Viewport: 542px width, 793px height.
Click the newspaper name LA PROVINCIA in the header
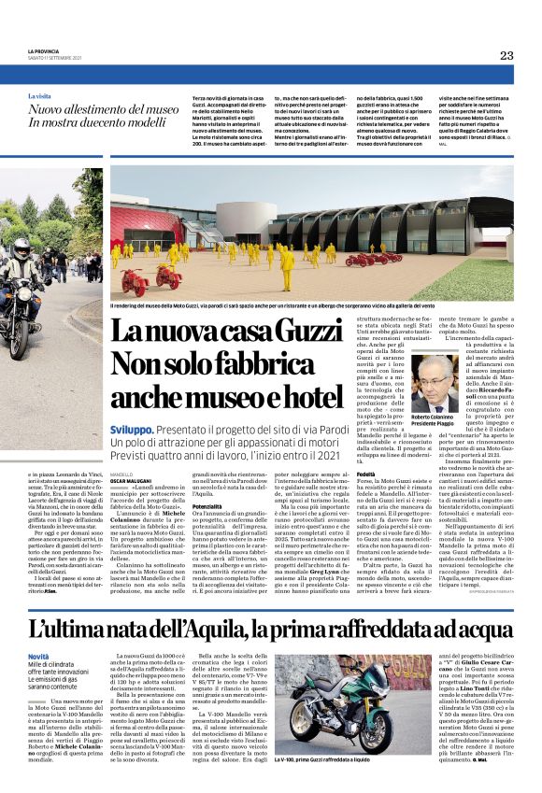click(44, 50)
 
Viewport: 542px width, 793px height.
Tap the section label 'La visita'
click(39, 96)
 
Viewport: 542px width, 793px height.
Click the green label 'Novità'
click(38, 631)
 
